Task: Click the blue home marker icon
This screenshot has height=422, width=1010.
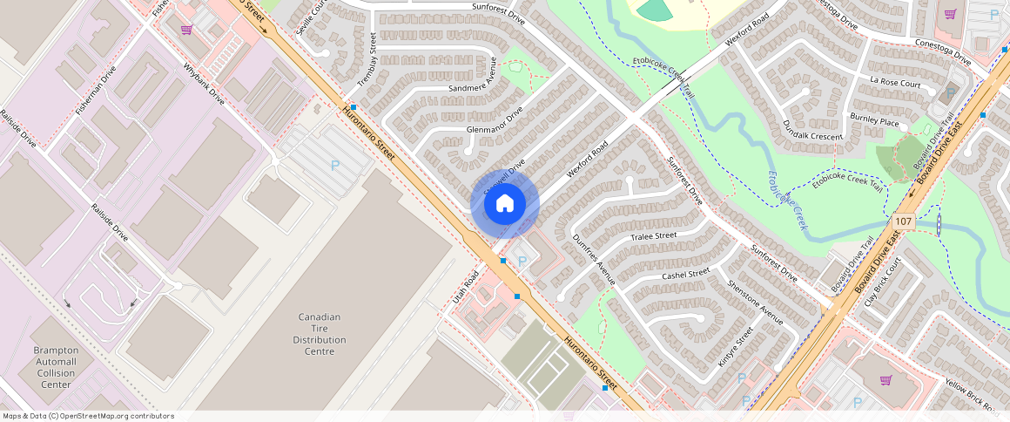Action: (x=504, y=204)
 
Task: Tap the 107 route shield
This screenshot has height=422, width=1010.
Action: (x=902, y=221)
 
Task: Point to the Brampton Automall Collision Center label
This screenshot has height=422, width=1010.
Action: (x=56, y=366)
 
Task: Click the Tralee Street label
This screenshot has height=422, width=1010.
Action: (x=653, y=236)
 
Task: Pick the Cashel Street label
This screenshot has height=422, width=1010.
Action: (x=685, y=275)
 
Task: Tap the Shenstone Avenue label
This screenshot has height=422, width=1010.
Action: (x=755, y=303)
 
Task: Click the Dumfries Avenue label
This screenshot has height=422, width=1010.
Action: (x=594, y=260)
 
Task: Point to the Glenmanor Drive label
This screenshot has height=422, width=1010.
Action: (x=494, y=123)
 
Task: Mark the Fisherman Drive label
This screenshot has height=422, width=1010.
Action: (x=95, y=90)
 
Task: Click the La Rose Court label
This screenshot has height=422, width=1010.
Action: (x=895, y=83)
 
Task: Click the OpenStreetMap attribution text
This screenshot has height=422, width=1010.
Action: (x=87, y=416)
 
